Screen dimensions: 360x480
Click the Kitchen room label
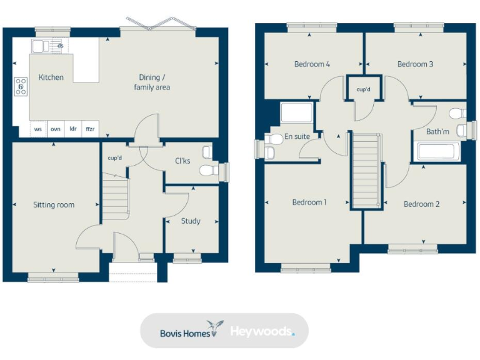(51, 77)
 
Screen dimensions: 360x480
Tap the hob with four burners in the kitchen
(21, 86)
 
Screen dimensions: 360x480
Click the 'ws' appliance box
(38, 129)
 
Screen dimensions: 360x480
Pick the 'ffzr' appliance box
(91, 129)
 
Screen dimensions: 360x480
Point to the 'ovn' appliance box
(56, 129)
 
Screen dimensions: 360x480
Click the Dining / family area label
(152, 82)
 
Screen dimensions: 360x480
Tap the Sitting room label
(54, 205)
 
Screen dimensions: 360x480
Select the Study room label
(191, 221)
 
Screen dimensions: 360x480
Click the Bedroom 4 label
(312, 64)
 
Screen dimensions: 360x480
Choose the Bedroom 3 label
(415, 64)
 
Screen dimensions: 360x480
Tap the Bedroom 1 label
(309, 202)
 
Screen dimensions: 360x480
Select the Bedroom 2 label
(421, 204)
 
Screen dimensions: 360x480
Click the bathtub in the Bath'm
(437, 152)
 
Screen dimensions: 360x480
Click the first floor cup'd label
(363, 90)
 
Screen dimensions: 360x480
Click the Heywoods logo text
(261, 331)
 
